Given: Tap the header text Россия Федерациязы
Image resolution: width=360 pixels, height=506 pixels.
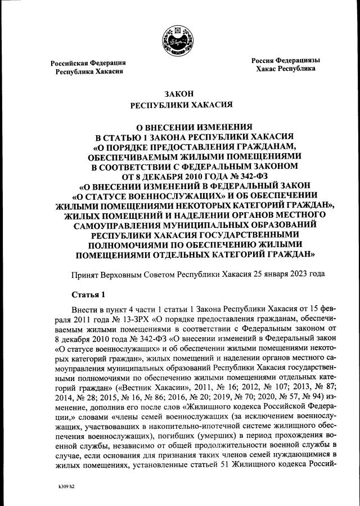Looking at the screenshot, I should (x=285, y=60).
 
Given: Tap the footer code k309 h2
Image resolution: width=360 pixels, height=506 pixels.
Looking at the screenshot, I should (x=66, y=486).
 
